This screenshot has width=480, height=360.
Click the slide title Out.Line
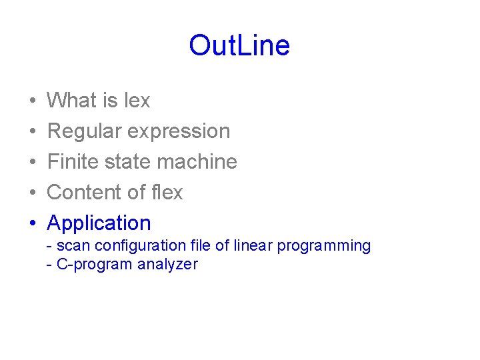[x=239, y=46]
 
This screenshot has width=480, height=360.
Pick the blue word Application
[x=99, y=223]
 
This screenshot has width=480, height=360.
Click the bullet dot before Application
[x=33, y=223]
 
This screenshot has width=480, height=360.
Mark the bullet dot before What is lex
[x=33, y=101]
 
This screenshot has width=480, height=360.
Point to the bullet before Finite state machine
[x=33, y=163]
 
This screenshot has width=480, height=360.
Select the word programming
[x=324, y=246]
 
